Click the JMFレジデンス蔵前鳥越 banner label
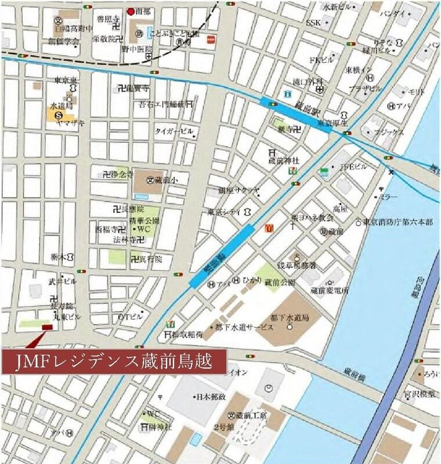tap(113, 362)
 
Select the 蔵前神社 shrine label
tap(283, 160)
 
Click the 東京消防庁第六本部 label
tap(401, 222)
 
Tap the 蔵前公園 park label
tap(280, 282)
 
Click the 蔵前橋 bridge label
tap(354, 371)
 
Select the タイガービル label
tap(173, 132)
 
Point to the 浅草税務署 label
tap(297, 265)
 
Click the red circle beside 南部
tap(131, 10)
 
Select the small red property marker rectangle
tap(47, 327)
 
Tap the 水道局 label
tap(60, 107)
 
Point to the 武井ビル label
tap(62, 281)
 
